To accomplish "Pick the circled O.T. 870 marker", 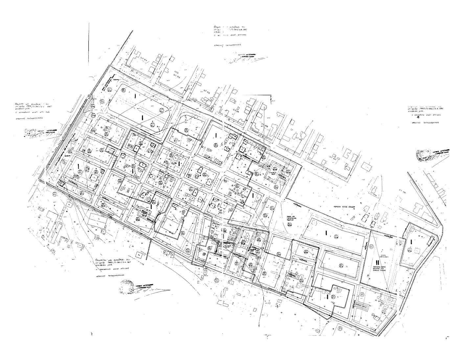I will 341,265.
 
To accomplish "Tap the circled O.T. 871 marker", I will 333,296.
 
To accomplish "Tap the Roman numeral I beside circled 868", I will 326,233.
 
